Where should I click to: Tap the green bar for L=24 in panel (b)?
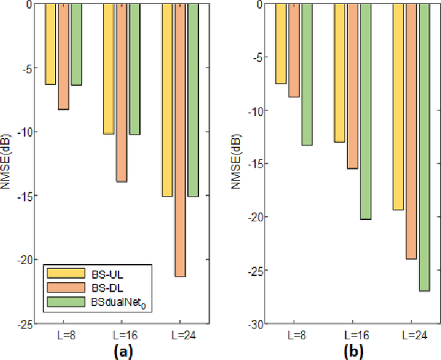(424, 147)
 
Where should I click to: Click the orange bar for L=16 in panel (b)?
(352, 86)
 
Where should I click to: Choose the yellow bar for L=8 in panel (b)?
(280, 43)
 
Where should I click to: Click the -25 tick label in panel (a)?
(22, 323)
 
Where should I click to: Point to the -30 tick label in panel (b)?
(252, 323)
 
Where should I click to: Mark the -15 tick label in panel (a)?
(22, 196)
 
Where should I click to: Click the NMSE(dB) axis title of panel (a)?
(6, 163)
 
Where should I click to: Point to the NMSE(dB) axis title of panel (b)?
(236, 163)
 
